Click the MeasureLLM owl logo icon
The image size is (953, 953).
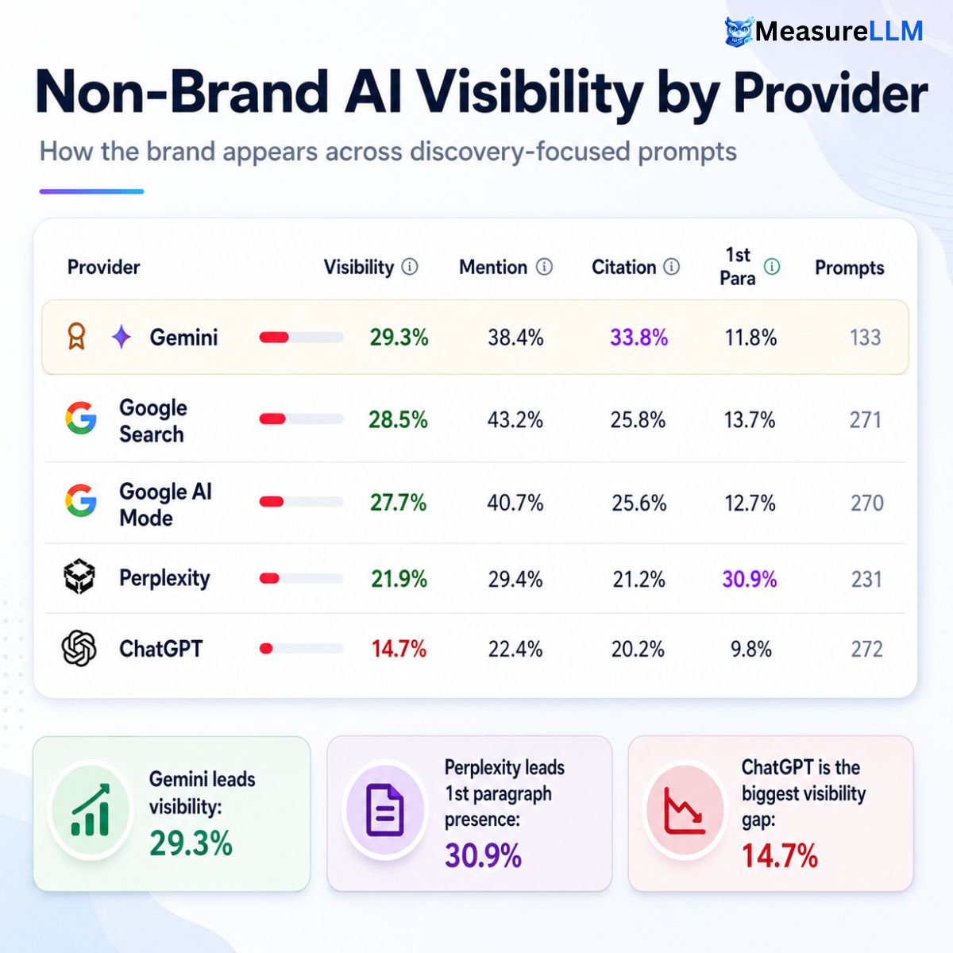[x=739, y=32]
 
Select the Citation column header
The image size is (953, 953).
[x=623, y=267]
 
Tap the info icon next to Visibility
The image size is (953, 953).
[x=410, y=267]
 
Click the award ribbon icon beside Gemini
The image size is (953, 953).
[x=76, y=336]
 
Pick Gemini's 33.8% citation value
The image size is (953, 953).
[x=639, y=338]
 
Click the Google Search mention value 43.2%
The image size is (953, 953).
[x=515, y=420]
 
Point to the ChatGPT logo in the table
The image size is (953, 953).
[x=79, y=648]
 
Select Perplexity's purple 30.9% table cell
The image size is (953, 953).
[x=749, y=579]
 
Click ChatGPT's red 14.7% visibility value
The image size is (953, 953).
[x=399, y=648]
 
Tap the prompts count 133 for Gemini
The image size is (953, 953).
[x=866, y=338]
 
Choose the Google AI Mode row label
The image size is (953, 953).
[x=166, y=504]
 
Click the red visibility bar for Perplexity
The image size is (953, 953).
[x=269, y=578]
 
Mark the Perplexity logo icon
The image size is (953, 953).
[x=79, y=577]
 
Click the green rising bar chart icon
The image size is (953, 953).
[x=91, y=809]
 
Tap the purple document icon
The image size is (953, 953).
[x=384, y=810]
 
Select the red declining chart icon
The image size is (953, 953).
[x=685, y=811]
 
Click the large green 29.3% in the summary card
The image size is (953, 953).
[x=191, y=843]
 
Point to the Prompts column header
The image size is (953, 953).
[x=849, y=268]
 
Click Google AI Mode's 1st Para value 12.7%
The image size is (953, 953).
[x=750, y=503]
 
